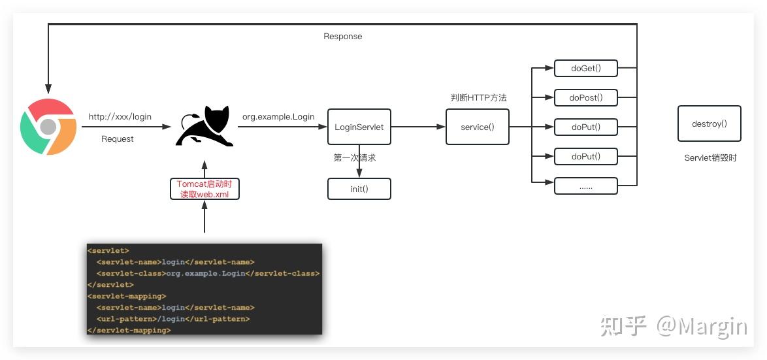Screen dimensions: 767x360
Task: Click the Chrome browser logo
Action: (x=48, y=127)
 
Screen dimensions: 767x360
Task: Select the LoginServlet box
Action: (x=359, y=127)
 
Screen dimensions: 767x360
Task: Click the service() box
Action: (x=478, y=127)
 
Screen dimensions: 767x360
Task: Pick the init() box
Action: (x=359, y=189)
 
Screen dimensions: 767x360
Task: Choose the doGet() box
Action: (x=586, y=69)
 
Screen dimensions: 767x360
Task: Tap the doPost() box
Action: (x=586, y=98)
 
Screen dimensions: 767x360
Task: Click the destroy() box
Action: (x=710, y=123)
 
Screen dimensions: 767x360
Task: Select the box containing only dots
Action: (x=586, y=186)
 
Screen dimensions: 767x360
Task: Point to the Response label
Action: (x=343, y=36)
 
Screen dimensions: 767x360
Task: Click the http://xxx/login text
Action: (x=120, y=117)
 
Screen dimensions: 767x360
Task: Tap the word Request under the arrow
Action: (x=118, y=139)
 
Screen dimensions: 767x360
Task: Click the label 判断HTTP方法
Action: (x=478, y=98)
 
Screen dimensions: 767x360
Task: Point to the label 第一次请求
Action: (x=355, y=158)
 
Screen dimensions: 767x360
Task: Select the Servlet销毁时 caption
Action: (x=710, y=158)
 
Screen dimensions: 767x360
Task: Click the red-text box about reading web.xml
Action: (x=204, y=189)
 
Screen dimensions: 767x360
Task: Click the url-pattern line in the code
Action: (x=173, y=319)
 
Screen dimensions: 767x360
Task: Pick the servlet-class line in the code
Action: (x=208, y=273)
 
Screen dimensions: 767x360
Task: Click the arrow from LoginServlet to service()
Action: (x=418, y=127)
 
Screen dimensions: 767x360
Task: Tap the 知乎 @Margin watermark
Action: (x=674, y=326)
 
